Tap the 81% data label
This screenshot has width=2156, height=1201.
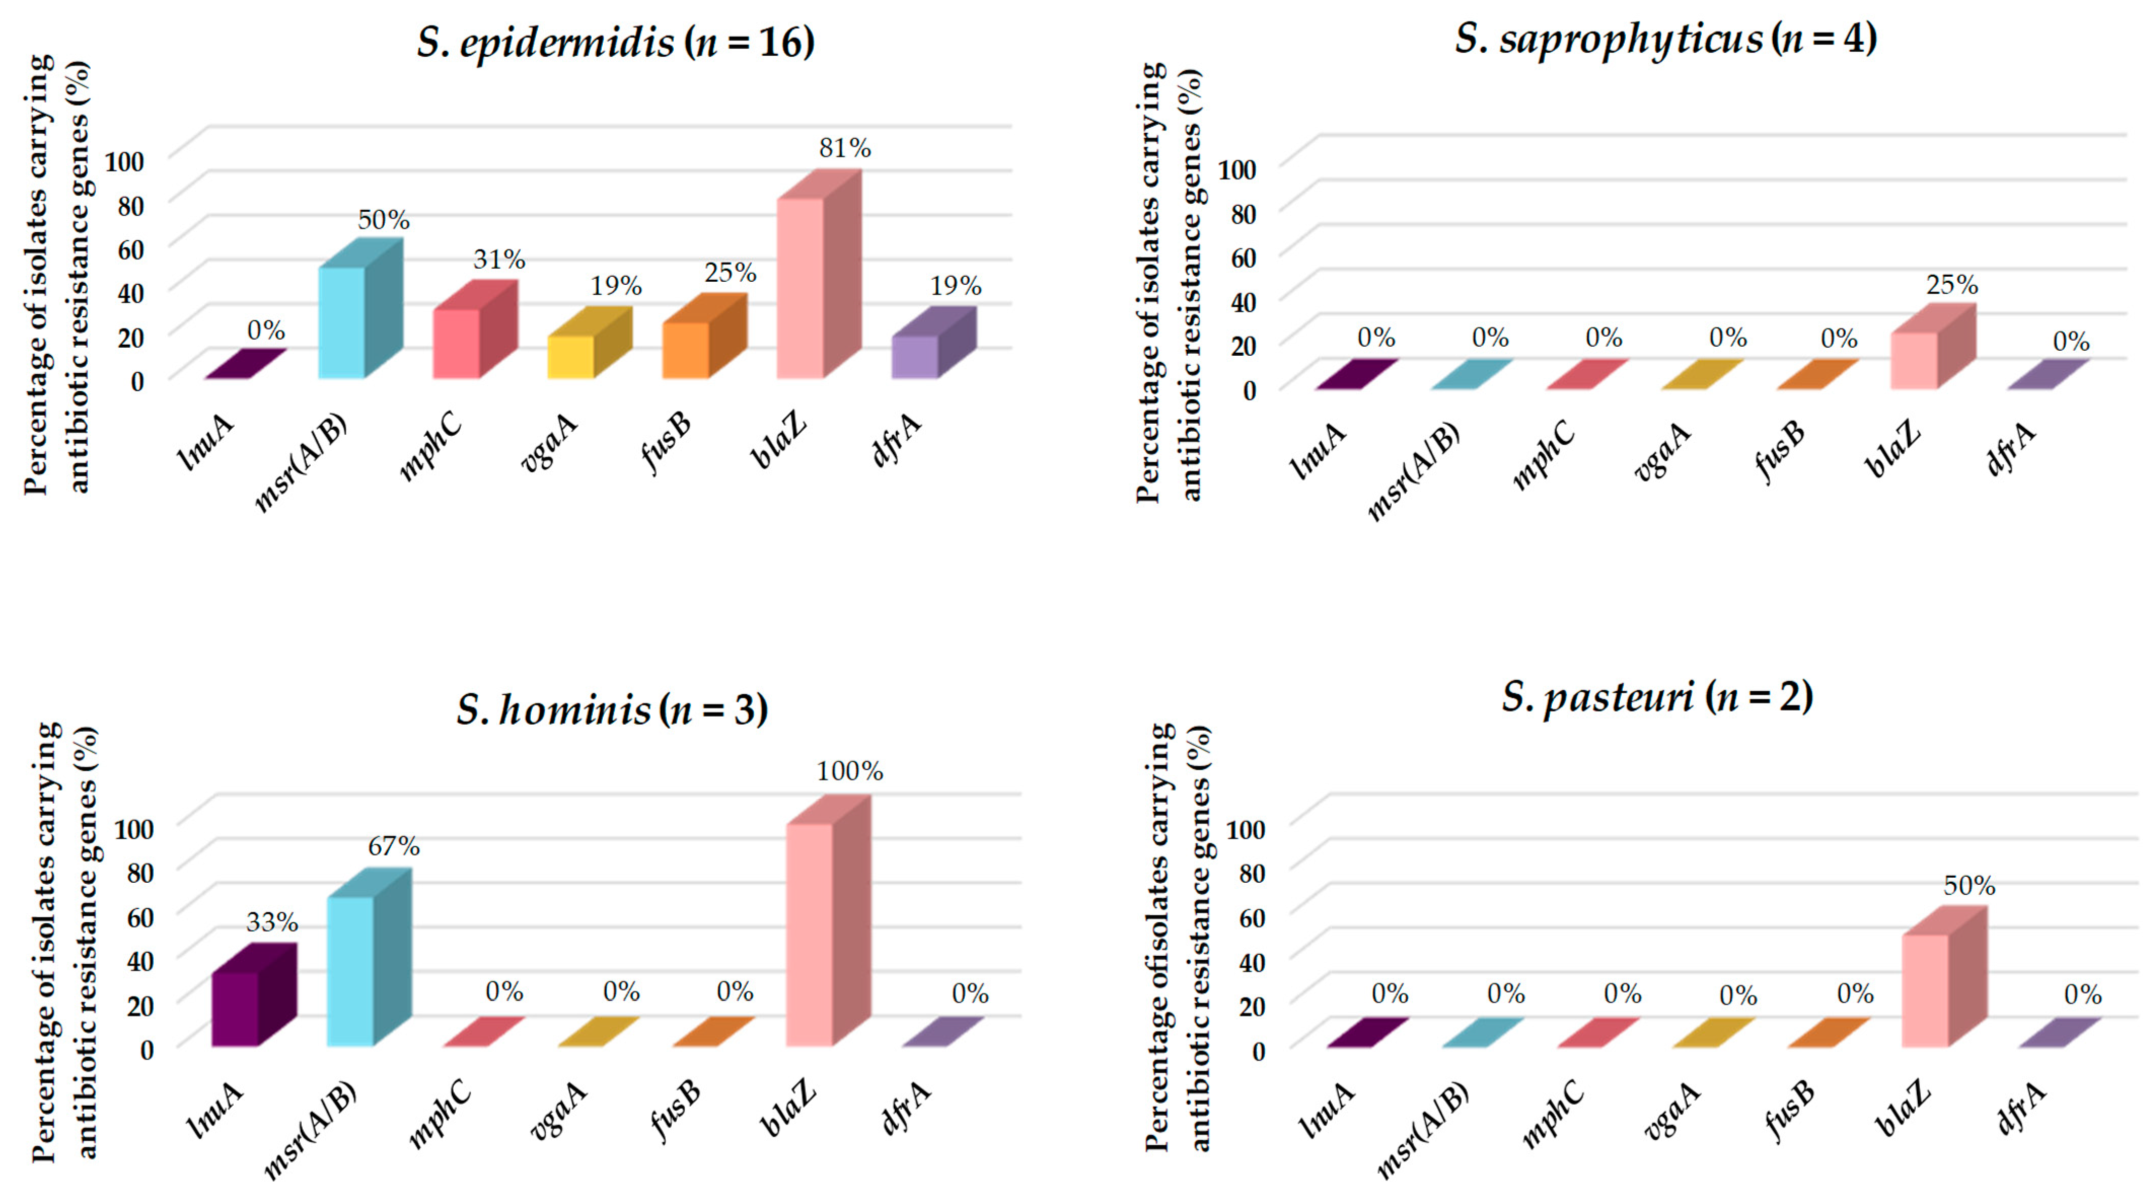tap(845, 148)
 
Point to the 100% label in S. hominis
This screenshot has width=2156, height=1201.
tap(850, 771)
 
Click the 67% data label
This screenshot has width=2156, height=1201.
tap(393, 846)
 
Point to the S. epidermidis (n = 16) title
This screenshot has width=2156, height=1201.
tap(615, 43)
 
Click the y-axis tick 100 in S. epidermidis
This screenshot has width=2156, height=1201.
tap(124, 161)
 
